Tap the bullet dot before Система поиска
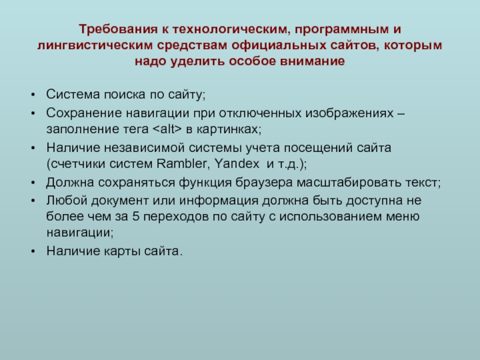(33, 95)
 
